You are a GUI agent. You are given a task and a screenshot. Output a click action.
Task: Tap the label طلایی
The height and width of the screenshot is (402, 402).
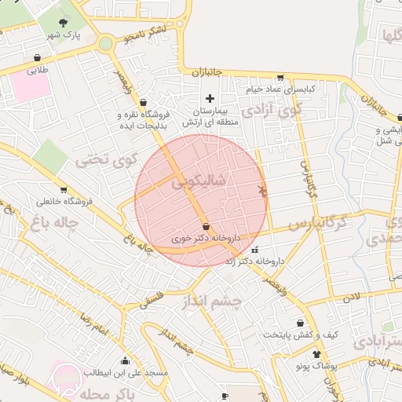pyautogui.click(x=38, y=70)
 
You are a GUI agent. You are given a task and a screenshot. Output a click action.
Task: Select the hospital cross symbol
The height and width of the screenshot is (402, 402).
pyautogui.click(x=209, y=98)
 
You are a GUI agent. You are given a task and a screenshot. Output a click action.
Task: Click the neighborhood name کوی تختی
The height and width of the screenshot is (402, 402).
pyautogui.click(x=105, y=159)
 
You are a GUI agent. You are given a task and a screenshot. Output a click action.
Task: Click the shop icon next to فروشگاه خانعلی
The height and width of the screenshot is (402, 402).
pyautogui.click(x=63, y=189)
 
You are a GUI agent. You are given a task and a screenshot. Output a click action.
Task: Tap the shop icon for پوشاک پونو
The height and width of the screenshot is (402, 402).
pyautogui.click(x=316, y=354)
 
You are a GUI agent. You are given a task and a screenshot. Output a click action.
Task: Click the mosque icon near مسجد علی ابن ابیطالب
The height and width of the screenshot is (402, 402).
pyautogui.click(x=125, y=360)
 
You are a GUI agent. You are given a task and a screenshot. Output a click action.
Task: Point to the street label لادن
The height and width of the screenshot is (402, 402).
pyautogui.click(x=351, y=296)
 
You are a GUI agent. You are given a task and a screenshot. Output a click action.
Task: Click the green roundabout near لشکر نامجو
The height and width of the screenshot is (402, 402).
pyautogui.click(x=105, y=43)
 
